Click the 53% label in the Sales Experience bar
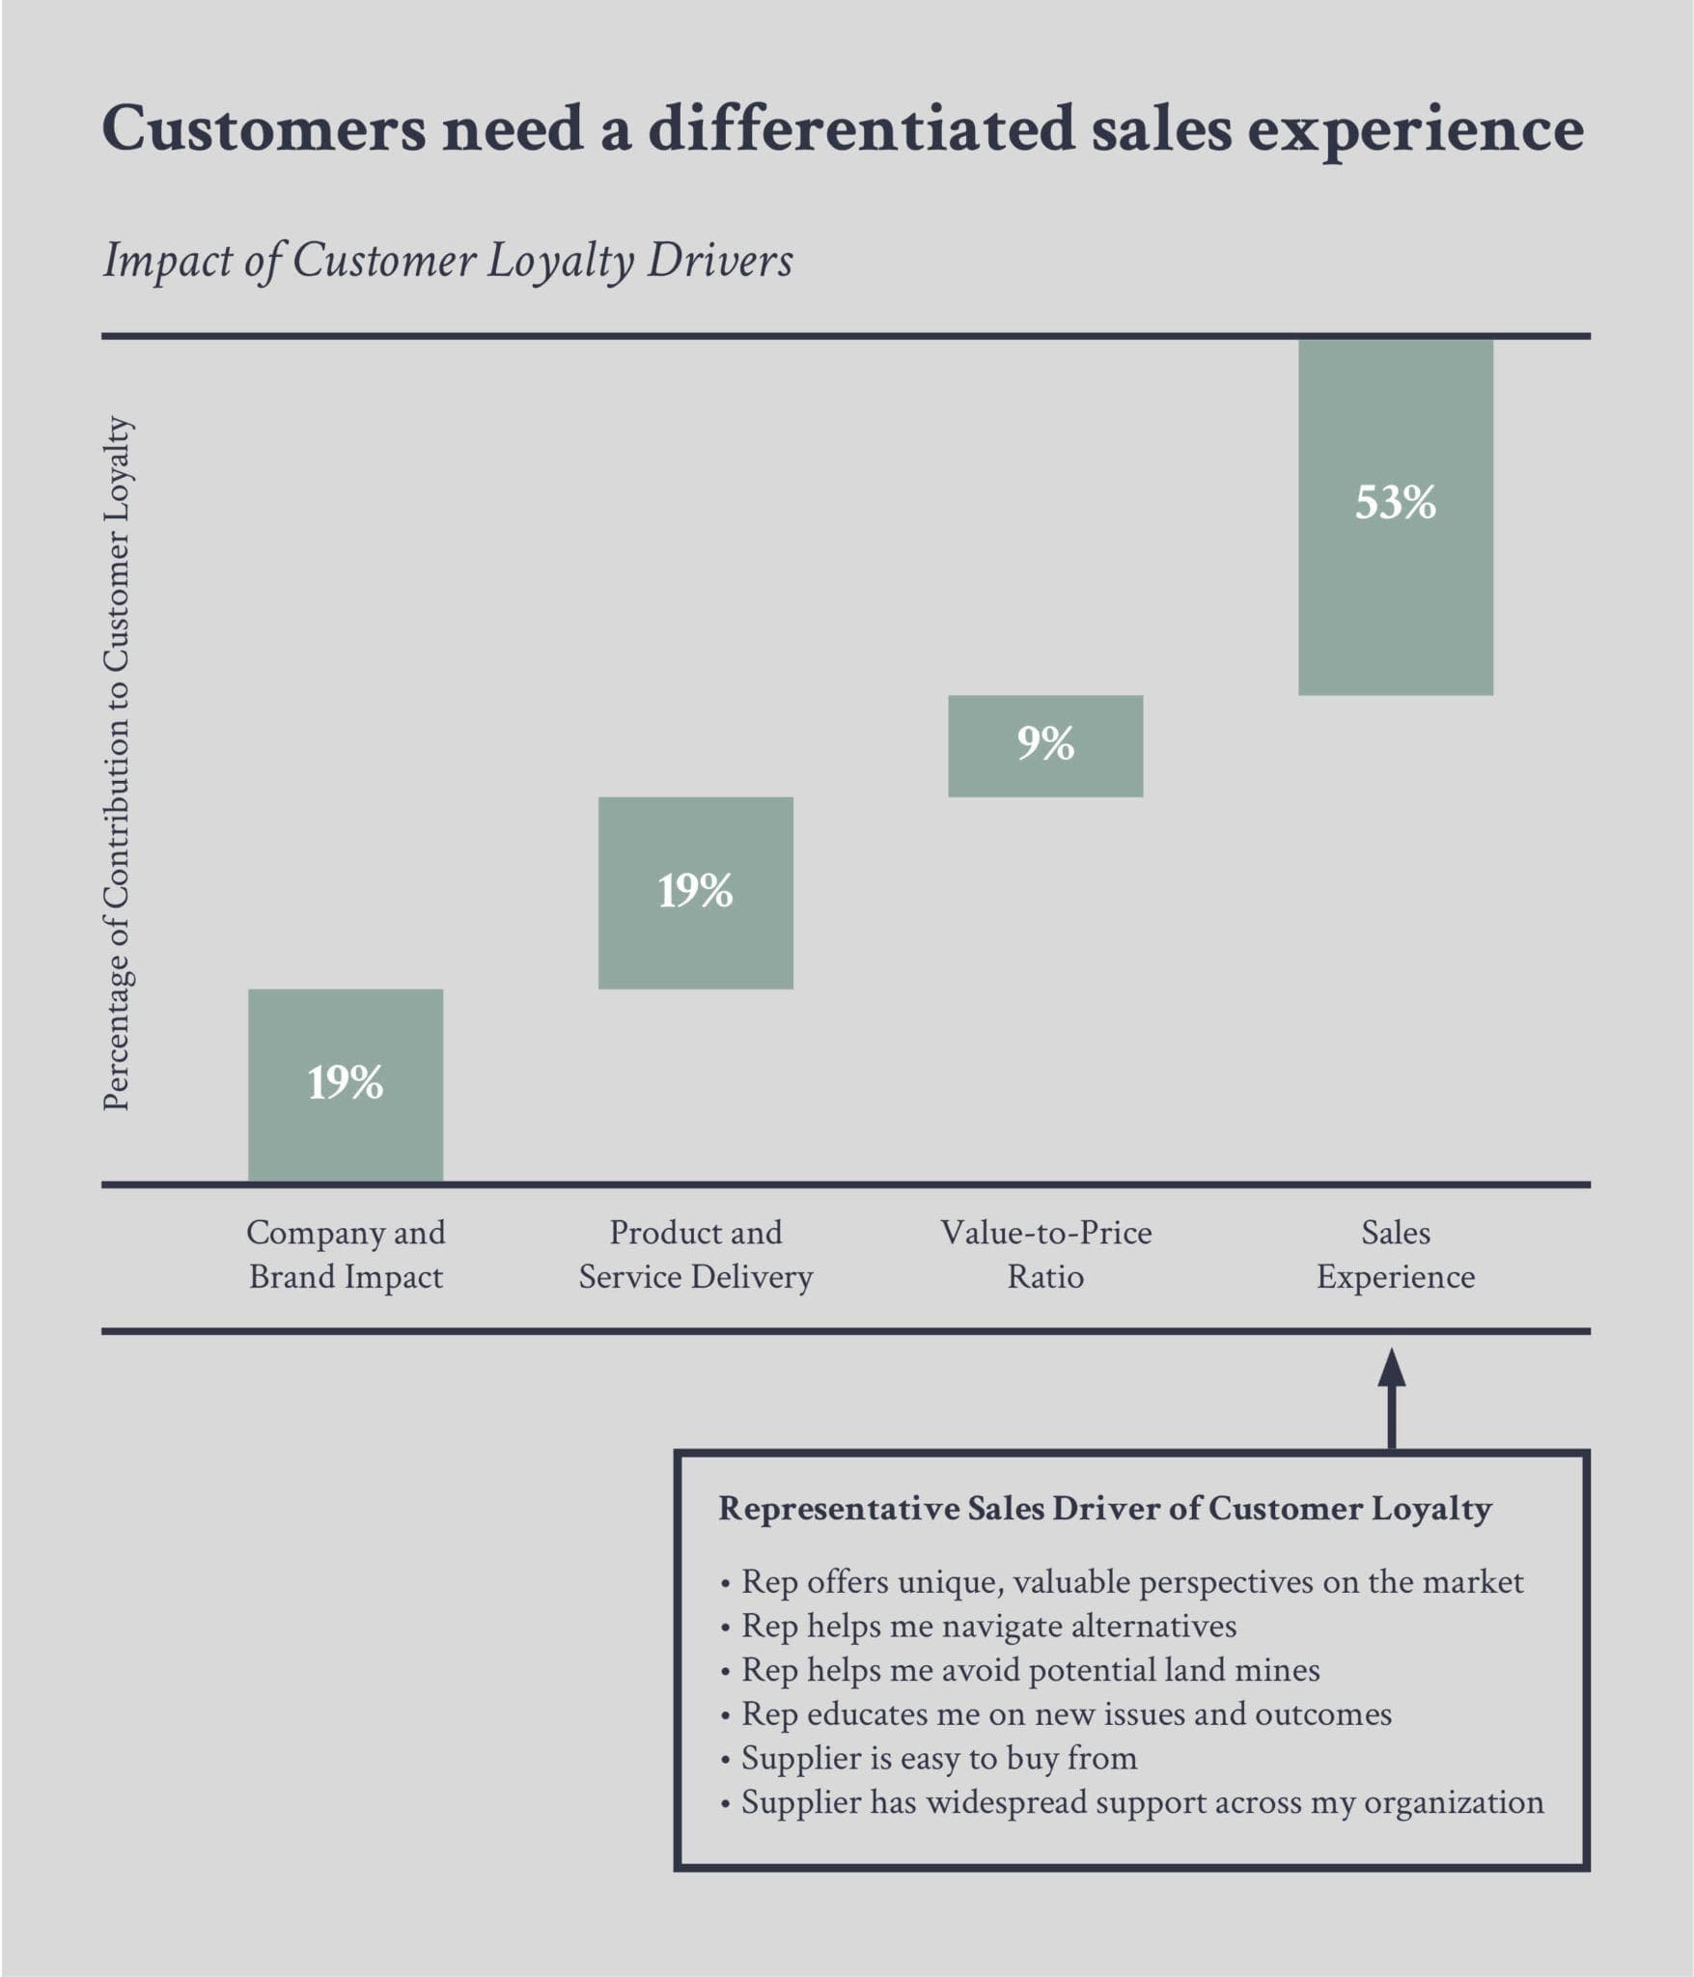(x=1395, y=503)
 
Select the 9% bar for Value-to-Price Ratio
(x=1045, y=745)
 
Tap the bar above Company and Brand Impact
(x=346, y=1084)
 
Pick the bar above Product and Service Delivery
(x=695, y=892)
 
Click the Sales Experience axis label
(x=1395, y=1254)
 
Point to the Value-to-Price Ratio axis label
(x=1045, y=1254)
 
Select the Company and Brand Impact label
(x=346, y=1254)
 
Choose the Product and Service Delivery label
(x=695, y=1254)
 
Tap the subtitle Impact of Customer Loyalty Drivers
(x=448, y=261)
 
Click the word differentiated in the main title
(x=861, y=128)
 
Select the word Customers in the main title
(x=263, y=128)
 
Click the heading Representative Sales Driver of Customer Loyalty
(x=1105, y=1508)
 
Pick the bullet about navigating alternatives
(x=988, y=1626)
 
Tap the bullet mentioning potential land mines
(x=1030, y=1670)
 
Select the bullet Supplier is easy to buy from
(x=938, y=1758)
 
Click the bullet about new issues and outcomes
(x=1066, y=1713)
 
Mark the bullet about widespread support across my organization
(x=1142, y=1802)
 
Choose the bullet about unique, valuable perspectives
(x=1131, y=1581)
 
